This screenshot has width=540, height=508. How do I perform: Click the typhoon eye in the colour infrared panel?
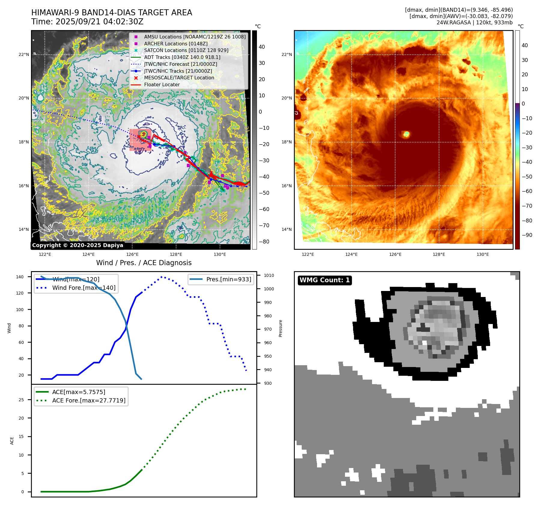pyautogui.click(x=406, y=134)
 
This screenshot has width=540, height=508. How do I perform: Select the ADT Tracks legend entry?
pyautogui.click(x=182, y=57)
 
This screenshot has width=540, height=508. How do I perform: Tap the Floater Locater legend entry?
pyautogui.click(x=162, y=85)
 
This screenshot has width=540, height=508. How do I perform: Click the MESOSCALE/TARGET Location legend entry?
pyautogui.click(x=179, y=78)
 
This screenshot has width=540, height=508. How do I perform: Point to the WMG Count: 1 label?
pyautogui.click(x=325, y=280)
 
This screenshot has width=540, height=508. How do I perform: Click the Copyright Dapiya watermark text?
pyautogui.click(x=78, y=245)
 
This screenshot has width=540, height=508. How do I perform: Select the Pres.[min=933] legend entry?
pyautogui.click(x=229, y=279)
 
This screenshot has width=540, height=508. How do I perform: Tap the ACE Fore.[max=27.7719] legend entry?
pyautogui.click(x=89, y=400)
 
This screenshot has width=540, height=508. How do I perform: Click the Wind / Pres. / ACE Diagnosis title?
pyautogui.click(x=144, y=263)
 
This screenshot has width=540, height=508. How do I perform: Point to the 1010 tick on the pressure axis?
pyautogui.click(x=269, y=275)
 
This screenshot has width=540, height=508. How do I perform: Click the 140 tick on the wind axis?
pyautogui.click(x=20, y=277)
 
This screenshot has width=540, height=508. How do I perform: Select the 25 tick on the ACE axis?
pyautogui.click(x=21, y=400)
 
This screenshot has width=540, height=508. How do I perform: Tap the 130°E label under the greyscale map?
pyautogui.click(x=220, y=255)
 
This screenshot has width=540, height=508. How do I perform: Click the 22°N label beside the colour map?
pyautogui.click(x=287, y=54)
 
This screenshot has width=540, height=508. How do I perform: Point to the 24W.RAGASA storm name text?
pyautogui.click(x=453, y=23)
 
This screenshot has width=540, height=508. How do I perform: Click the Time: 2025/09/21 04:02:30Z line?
pyautogui.click(x=87, y=22)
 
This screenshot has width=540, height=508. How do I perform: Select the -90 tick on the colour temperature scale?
pyautogui.click(x=527, y=235)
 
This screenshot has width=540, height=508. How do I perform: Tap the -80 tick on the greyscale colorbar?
pyautogui.click(x=264, y=242)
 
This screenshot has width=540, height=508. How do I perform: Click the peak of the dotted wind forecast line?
pyautogui.click(x=162, y=277)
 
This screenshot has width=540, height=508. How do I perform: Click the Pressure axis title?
pyautogui.click(x=280, y=328)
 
